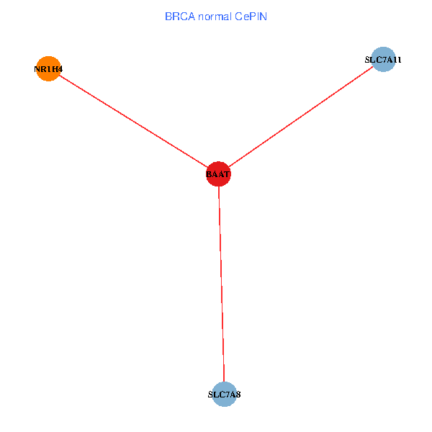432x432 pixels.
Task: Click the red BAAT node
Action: point(218,174)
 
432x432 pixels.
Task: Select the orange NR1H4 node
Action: point(48,69)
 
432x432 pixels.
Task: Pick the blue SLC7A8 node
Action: point(225,395)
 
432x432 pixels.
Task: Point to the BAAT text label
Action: point(218,174)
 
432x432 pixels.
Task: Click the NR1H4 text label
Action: point(48,69)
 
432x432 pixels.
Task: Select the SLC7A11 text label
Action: point(383,60)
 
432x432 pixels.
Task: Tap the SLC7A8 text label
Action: point(224,395)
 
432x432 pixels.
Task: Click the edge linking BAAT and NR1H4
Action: point(132,122)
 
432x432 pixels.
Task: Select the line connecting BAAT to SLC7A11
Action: point(301,117)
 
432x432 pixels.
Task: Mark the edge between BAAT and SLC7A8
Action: point(221,284)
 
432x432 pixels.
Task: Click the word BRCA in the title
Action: point(180,16)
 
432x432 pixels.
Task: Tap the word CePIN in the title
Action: point(251,16)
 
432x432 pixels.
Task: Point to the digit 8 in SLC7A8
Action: point(238,395)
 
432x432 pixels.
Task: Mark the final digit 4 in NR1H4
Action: point(60,69)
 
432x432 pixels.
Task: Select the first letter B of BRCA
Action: point(168,16)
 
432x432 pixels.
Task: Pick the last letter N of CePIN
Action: point(264,16)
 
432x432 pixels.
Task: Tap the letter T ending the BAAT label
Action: point(227,174)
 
